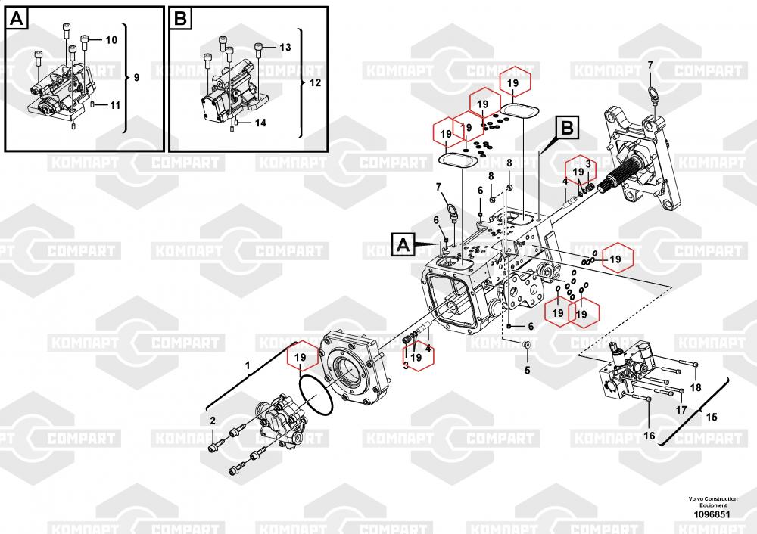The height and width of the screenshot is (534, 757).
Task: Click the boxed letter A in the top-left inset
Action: point(18,19)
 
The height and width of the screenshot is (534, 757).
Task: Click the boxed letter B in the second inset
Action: point(180,19)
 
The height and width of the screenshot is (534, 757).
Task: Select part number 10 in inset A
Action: point(111,39)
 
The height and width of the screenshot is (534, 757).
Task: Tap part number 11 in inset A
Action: point(114,104)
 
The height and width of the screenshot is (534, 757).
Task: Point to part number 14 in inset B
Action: point(260,122)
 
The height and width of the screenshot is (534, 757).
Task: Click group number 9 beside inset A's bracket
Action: point(136,78)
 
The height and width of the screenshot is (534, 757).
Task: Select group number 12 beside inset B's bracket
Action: point(315,82)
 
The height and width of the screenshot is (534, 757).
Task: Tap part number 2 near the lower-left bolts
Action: point(213,421)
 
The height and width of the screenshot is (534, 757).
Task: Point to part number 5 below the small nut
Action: point(528,370)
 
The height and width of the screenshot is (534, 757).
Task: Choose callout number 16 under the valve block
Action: point(649,435)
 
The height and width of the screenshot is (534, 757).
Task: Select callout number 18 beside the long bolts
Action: point(696,387)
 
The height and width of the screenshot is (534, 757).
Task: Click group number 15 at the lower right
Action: point(711,416)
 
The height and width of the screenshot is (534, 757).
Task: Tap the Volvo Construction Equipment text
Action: point(712,501)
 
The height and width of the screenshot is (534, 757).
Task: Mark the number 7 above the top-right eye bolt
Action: point(650,65)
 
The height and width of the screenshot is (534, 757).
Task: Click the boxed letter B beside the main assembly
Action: point(569,129)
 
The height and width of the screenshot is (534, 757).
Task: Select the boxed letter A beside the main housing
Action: point(404,244)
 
